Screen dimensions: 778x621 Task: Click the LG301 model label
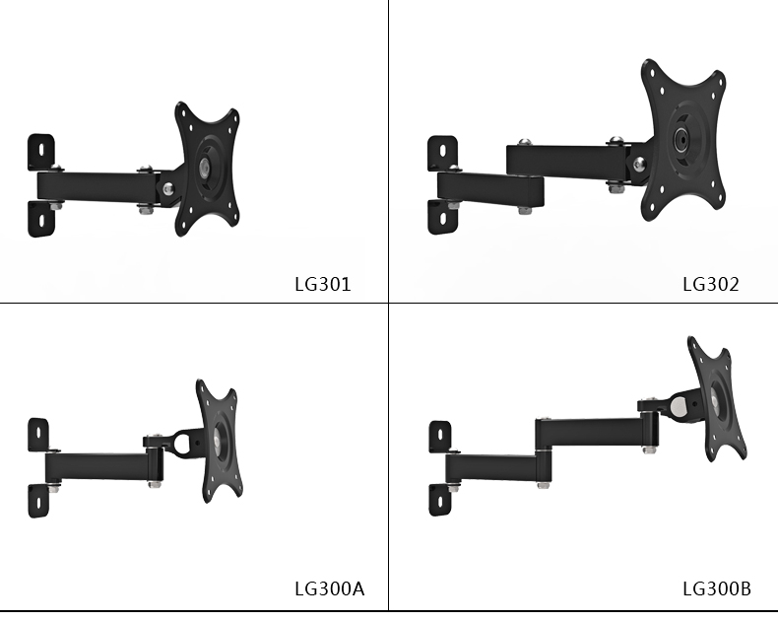[322, 284]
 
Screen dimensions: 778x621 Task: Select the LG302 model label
[710, 284]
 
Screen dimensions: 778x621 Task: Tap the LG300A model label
[330, 588]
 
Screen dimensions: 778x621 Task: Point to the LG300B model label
[717, 588]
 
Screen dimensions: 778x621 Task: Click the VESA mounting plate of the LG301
[207, 169]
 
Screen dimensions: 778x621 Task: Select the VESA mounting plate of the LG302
[682, 140]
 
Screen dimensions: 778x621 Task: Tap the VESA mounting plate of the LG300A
[219, 442]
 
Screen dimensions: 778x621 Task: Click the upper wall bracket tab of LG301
[41, 151]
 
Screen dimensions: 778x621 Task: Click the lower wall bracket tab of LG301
[41, 219]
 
